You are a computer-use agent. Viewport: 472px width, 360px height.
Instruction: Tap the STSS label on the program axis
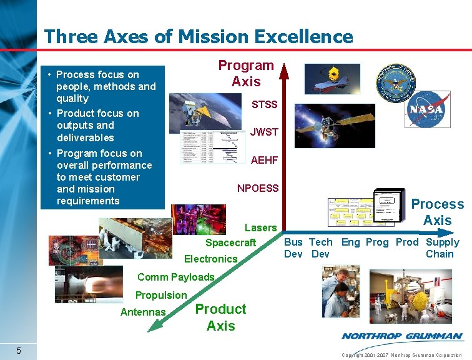[264, 104]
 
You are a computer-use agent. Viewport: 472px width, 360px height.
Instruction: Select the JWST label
[264, 132]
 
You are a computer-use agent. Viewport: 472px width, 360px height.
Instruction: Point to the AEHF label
[264, 161]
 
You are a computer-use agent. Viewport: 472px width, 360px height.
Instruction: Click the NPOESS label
[258, 188]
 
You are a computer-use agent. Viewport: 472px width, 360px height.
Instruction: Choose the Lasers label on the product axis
[260, 228]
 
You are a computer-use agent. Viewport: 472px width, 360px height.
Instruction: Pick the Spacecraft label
[231, 242]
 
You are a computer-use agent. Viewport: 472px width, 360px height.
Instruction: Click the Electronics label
[211, 259]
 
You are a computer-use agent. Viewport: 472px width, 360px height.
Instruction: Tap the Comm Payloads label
[175, 277]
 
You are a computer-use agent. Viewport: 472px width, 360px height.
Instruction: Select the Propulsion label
[161, 295]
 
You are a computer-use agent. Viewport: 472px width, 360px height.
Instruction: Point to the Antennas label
[143, 312]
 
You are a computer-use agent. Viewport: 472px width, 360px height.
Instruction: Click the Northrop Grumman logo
[402, 336]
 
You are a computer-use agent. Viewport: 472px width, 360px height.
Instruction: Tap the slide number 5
[19, 350]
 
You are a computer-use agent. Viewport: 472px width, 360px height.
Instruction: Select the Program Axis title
[246, 73]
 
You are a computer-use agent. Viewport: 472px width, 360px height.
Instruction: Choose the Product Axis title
[220, 317]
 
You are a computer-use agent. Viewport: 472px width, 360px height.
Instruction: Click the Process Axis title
[437, 212]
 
